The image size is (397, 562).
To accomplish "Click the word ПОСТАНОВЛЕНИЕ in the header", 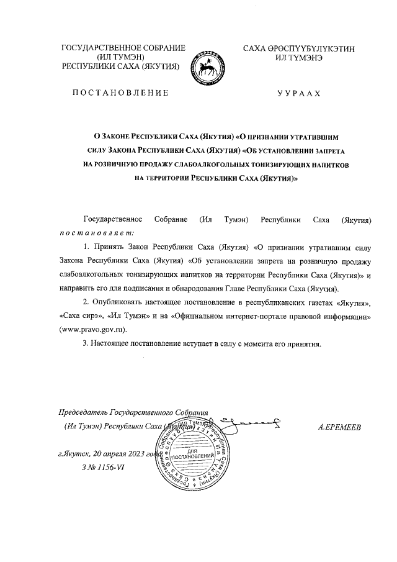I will pyautogui.click(x=120, y=94).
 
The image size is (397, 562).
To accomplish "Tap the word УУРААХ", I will pyautogui.click(x=299, y=94).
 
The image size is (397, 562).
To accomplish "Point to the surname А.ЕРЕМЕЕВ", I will pyautogui.click(x=339, y=428).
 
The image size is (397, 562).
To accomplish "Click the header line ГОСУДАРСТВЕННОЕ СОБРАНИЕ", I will pyautogui.click(x=123, y=48).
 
